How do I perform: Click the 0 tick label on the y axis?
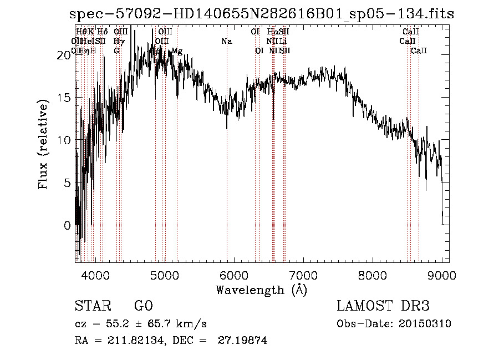tap(68, 226)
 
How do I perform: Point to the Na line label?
tap(226, 41)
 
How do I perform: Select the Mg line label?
tap(177, 51)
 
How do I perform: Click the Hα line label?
tap(272, 32)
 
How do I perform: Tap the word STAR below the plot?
tap(91, 306)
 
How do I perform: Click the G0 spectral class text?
tap(143, 306)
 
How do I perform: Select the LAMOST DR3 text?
tap(383, 306)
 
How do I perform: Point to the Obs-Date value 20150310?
tap(427, 324)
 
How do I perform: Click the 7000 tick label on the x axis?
tap(303, 275)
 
